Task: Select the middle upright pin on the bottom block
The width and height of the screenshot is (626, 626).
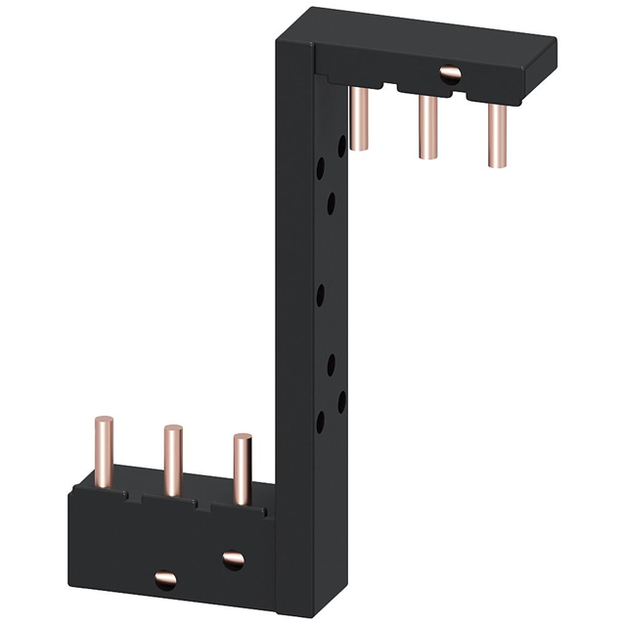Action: pos(172,460)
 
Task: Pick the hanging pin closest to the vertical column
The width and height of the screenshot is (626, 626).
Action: pos(358,117)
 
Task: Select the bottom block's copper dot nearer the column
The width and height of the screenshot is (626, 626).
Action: pos(233,559)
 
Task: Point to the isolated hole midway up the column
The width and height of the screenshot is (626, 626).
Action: pos(322,294)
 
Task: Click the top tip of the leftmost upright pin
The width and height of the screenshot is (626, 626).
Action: pos(102,421)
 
